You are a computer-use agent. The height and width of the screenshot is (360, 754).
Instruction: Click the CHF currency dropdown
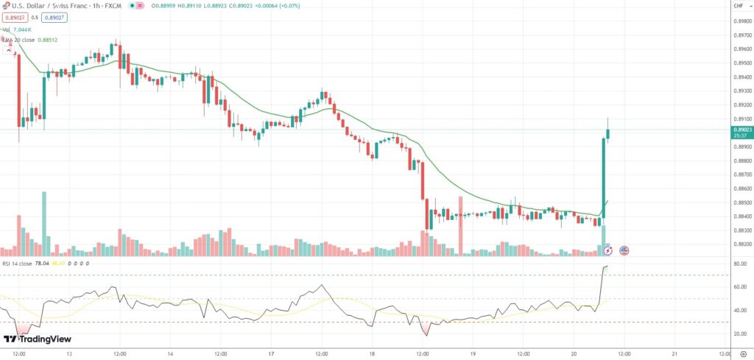pyautogui.click(x=739, y=6)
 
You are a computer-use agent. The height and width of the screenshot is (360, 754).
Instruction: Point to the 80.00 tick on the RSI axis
pyautogui.click(x=740, y=264)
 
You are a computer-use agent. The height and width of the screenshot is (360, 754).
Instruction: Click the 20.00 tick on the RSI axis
pyautogui.click(x=740, y=333)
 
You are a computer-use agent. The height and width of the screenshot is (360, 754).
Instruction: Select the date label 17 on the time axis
pyautogui.click(x=271, y=353)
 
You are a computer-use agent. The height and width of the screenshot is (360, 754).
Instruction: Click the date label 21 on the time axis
pyautogui.click(x=674, y=353)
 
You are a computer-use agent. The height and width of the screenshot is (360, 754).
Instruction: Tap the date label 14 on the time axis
pyautogui.click(x=170, y=353)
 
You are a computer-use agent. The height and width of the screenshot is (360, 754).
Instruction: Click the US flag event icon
pyautogui.click(x=624, y=250)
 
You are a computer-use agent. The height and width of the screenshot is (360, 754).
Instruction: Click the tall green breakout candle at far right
pyautogui.click(x=604, y=177)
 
